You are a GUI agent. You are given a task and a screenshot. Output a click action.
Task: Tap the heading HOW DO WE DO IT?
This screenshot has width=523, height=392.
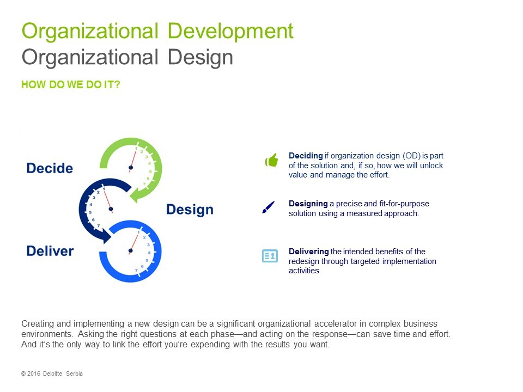tap(71, 85)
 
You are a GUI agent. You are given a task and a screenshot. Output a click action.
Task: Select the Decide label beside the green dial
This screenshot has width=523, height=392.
tap(50, 168)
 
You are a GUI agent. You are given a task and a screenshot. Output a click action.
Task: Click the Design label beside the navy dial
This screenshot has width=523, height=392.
tap(190, 210)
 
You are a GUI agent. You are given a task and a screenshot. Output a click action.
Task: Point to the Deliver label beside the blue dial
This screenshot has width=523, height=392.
tap(50, 251)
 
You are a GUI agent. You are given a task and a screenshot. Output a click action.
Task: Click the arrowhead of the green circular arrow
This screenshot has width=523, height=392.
tap(136, 195)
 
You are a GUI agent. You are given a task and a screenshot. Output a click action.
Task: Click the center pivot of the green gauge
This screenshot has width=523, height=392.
tap(131, 168)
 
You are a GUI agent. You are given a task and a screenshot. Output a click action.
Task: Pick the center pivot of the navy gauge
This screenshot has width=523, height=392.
tap(111, 209)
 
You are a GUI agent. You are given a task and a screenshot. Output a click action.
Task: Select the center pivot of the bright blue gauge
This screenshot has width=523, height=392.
tap(130, 250)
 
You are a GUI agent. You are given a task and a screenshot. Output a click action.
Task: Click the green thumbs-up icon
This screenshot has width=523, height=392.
tap(271, 160)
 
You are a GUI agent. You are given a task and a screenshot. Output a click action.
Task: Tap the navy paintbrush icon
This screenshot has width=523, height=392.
tap(269, 207)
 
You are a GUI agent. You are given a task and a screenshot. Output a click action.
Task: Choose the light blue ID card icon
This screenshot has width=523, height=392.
tap(270, 256)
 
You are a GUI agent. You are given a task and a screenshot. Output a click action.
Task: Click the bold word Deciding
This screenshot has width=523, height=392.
tap(306, 156)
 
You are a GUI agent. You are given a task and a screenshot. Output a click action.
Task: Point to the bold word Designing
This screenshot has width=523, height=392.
tap(308, 204)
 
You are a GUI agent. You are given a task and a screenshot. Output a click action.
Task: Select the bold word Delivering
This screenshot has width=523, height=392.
tap(309, 252)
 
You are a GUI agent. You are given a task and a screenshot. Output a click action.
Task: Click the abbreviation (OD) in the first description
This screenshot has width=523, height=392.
tap(411, 156)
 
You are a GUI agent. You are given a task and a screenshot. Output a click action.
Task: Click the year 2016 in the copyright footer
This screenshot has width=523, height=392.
tap(34, 373)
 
